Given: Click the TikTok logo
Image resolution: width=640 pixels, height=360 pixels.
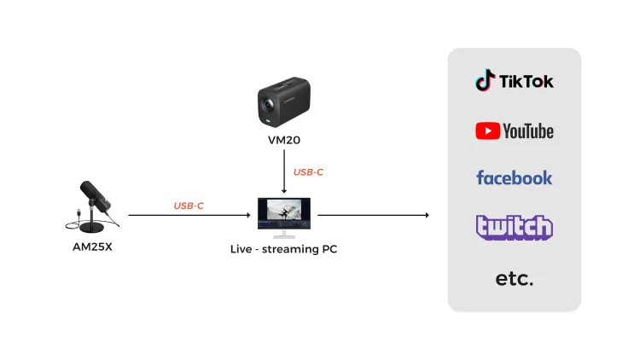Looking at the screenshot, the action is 515,80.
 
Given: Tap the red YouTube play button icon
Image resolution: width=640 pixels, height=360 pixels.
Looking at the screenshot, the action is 488,131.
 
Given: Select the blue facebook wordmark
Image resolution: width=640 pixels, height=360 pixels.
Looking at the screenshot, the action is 515,178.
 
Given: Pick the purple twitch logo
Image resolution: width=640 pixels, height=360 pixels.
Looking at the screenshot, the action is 515,228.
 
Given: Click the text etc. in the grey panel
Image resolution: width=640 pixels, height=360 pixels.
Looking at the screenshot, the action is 515,279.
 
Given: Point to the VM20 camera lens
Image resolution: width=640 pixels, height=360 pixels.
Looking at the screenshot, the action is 268,105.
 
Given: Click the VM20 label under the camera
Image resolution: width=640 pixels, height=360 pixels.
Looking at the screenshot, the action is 284,140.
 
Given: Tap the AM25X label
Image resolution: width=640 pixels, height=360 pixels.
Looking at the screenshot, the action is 92,247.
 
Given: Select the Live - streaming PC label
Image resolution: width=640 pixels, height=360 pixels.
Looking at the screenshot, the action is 283,249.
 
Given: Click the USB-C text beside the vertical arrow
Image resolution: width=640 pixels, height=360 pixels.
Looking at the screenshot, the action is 308,172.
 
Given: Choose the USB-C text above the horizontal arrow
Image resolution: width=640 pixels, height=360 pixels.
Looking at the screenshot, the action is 189,206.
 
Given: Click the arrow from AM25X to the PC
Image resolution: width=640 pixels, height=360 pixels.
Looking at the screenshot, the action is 189,215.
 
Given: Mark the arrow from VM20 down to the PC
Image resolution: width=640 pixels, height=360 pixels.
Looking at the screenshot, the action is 284,171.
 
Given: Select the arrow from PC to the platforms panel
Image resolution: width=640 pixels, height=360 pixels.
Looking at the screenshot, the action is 374,215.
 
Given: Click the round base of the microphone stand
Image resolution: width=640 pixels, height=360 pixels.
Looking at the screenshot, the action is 91,227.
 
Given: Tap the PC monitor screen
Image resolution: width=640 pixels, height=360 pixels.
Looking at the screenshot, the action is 284,213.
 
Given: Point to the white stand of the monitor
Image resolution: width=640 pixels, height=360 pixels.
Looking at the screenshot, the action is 284,234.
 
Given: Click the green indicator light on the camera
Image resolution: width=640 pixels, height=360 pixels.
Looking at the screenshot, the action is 268,121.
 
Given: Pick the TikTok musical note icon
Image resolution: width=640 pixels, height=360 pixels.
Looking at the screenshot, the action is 486,80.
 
